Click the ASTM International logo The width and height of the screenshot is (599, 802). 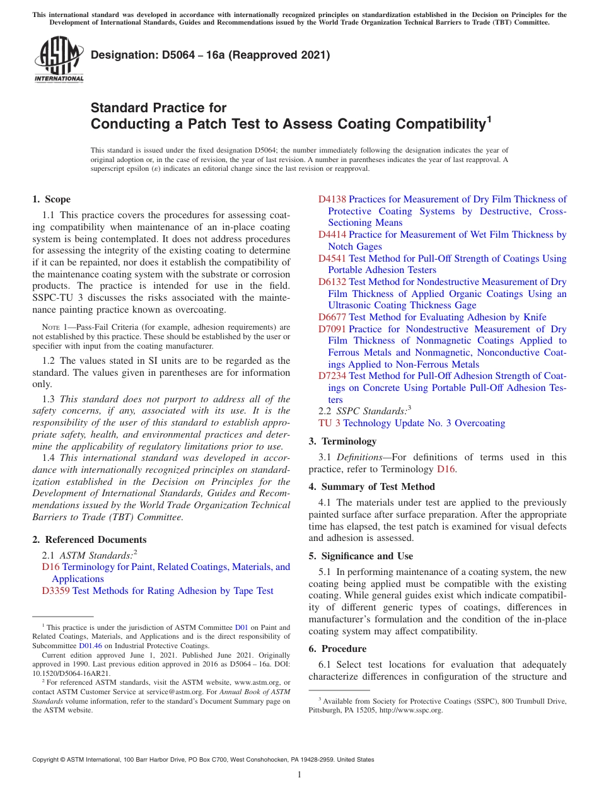(59, 61)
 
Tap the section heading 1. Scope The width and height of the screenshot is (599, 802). (51, 199)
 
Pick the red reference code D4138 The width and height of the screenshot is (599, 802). (332, 199)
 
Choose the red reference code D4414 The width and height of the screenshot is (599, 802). (332, 235)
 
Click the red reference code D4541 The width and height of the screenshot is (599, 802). (332, 259)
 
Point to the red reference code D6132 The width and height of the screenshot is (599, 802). (332, 282)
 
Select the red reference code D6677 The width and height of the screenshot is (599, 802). (332, 317)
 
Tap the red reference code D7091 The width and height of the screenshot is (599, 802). (332, 329)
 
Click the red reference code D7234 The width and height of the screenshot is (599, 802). (332, 376)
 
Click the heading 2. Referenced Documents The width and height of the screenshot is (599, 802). (89, 540)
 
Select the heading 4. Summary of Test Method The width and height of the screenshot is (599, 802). (371, 487)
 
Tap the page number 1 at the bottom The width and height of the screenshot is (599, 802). (299, 775)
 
